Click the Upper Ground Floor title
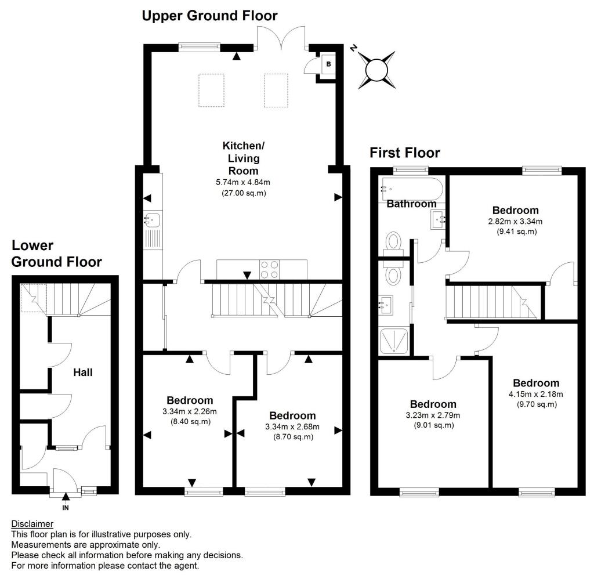coord(209,16)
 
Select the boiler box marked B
coord(328,64)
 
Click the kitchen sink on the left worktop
coord(154,220)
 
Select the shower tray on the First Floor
coord(395,341)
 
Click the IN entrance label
coord(66,508)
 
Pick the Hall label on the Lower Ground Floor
coord(84,373)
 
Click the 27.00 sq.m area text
coord(244,193)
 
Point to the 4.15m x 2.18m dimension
coord(536,394)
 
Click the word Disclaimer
coord(32,524)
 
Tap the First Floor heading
coord(405,153)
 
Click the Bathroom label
coord(411,204)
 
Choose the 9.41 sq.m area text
coord(516,232)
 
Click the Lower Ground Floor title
coord(56,254)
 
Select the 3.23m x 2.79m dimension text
coord(433,415)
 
